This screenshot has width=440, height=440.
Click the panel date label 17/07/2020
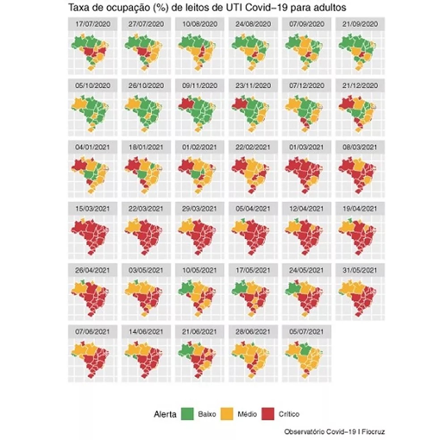(x=93, y=24)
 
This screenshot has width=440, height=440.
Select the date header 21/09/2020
(x=360, y=24)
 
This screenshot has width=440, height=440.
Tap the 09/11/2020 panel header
(x=199, y=85)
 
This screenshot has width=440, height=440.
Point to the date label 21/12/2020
(x=360, y=85)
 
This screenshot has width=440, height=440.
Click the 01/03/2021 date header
(x=306, y=147)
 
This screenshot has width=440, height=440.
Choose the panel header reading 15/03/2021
(x=93, y=209)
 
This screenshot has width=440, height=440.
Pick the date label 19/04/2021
(x=360, y=209)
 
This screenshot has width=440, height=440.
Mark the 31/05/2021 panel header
(x=360, y=270)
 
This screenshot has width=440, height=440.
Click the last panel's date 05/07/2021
(x=306, y=332)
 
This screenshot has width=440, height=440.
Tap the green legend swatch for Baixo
(x=187, y=414)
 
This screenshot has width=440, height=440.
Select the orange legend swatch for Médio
(x=227, y=414)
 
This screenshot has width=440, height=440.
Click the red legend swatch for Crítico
(x=268, y=414)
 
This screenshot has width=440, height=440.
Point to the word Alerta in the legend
(x=165, y=414)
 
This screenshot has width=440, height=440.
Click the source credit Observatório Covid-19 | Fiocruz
(x=334, y=432)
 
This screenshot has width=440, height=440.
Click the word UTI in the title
(x=234, y=8)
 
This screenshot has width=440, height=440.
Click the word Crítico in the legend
(x=289, y=414)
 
